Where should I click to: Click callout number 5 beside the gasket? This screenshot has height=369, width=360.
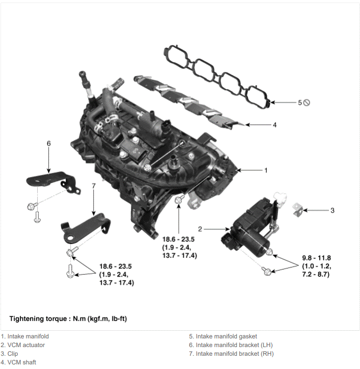click(300, 102)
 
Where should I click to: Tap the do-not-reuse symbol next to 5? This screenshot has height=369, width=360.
click(307, 102)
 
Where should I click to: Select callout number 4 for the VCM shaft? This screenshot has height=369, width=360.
click(274, 125)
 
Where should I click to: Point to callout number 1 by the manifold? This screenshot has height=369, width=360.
click(266, 170)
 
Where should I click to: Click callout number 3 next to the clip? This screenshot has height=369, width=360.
click(333, 210)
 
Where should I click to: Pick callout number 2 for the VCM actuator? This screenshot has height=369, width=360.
click(200, 229)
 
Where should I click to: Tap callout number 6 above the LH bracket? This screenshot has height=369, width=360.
click(49, 143)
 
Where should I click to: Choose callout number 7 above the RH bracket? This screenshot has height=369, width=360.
click(94, 186)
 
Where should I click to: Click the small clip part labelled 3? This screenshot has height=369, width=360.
click(297, 210)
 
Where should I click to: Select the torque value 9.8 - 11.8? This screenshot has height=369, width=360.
click(317, 258)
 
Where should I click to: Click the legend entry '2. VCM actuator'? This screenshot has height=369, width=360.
click(23, 345)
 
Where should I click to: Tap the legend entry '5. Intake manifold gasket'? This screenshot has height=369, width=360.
click(223, 336)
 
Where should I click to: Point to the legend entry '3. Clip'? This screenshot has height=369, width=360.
click(9, 354)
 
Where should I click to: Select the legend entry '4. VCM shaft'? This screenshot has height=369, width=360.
click(18, 362)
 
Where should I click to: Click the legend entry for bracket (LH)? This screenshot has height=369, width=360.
click(231, 345)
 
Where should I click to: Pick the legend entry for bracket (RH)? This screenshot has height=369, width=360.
click(231, 354)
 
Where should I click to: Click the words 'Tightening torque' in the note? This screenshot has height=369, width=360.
click(38, 319)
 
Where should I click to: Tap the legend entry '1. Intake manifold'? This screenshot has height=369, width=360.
click(24, 336)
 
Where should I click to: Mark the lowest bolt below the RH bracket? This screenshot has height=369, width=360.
click(70, 271)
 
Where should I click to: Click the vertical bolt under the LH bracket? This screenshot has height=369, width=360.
click(37, 217)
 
